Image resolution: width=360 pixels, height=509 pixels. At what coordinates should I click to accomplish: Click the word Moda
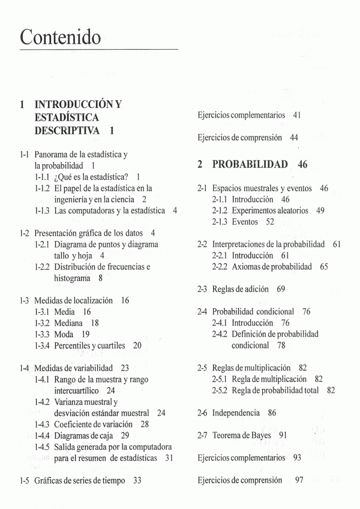tap(64, 334)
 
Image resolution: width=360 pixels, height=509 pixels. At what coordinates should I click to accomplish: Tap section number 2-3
tap(203, 289)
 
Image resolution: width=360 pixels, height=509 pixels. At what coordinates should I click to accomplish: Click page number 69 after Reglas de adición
tap(281, 289)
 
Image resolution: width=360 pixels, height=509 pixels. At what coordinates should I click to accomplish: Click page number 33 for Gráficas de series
tap(137, 480)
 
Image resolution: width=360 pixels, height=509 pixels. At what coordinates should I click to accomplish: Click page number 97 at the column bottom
tap(299, 480)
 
